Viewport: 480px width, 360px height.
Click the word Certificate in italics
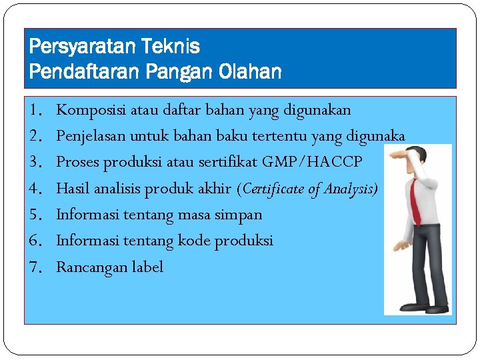pyautogui.click(x=273, y=189)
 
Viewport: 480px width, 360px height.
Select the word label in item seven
pyautogui.click(x=147, y=267)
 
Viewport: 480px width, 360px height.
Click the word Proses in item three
pyautogui.click(x=77, y=162)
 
